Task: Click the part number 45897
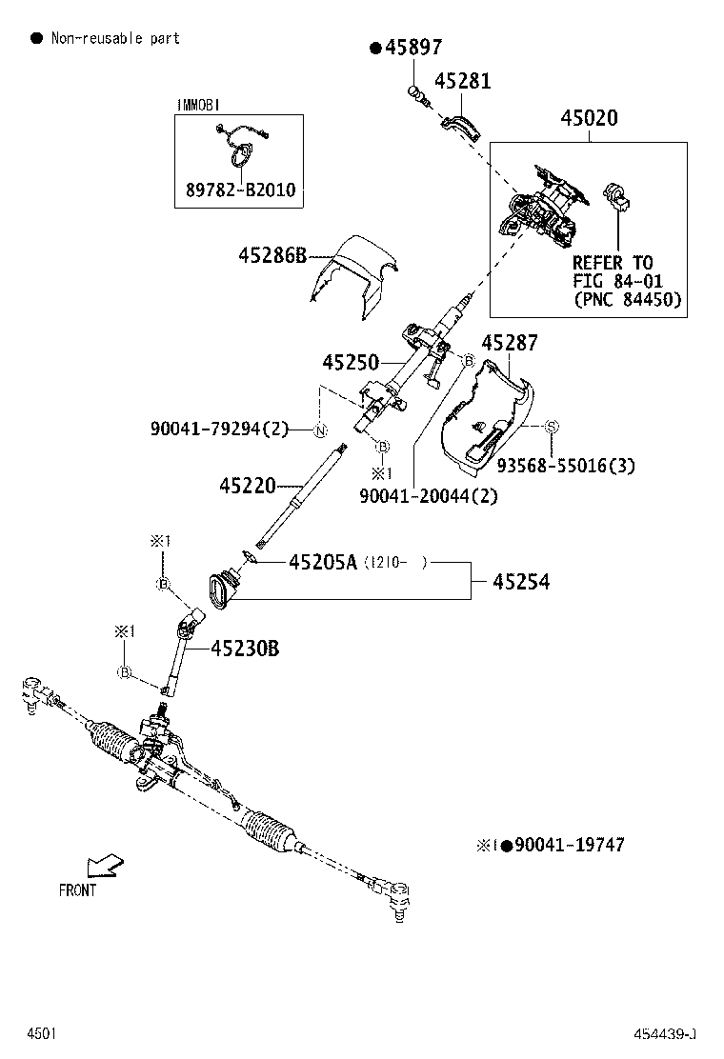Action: (x=414, y=49)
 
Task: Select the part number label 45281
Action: (x=463, y=81)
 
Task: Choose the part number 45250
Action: (x=351, y=363)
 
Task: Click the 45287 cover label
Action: (x=510, y=343)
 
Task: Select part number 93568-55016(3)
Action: (x=566, y=466)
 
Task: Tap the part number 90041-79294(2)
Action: (x=219, y=430)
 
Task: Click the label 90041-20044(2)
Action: (x=429, y=495)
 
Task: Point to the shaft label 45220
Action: (x=247, y=487)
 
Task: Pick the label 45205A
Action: (x=322, y=563)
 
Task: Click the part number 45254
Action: (x=521, y=581)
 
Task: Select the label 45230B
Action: (x=245, y=649)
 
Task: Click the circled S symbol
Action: (x=551, y=429)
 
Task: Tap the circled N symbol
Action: (x=321, y=430)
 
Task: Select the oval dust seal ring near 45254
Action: (x=222, y=587)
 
